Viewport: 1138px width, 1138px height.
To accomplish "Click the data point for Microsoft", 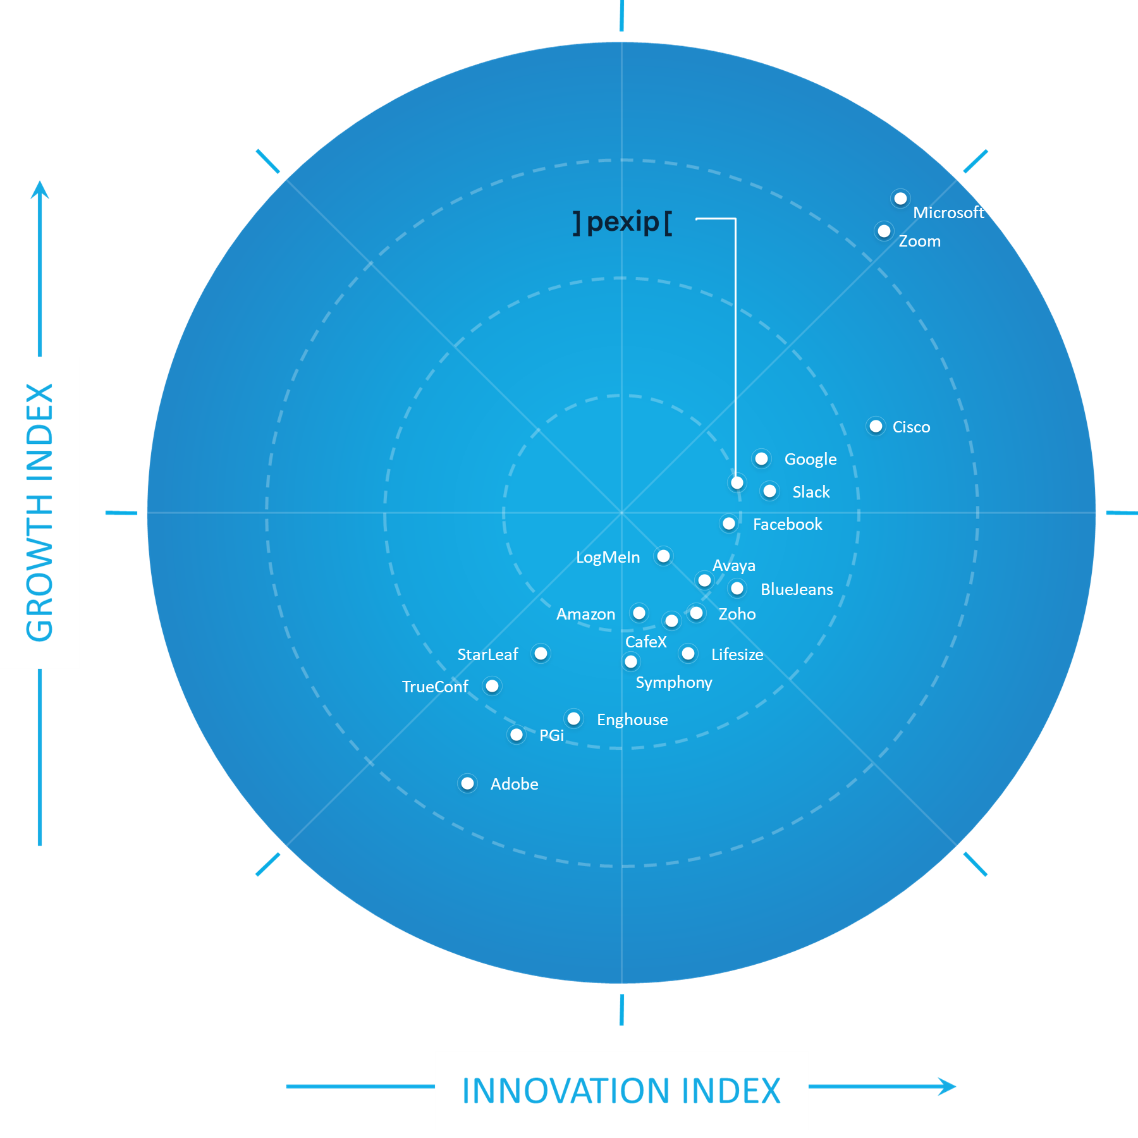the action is pyautogui.click(x=900, y=199).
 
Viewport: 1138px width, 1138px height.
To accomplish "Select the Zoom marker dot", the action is pyautogui.click(x=884, y=231).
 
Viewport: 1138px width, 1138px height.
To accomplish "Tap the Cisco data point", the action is pyautogui.click(x=876, y=427).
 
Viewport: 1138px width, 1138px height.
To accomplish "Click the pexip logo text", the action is pyautogui.click(x=623, y=223).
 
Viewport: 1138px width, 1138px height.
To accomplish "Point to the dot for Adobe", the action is pyautogui.click(x=467, y=784).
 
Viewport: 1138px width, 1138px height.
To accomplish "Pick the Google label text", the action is pyautogui.click(x=811, y=460).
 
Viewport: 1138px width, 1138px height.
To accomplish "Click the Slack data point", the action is pyautogui.click(x=769, y=491).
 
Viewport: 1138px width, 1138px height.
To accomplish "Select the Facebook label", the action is pyautogui.click(x=787, y=524).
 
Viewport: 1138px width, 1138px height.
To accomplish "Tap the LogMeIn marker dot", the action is pyautogui.click(x=663, y=556).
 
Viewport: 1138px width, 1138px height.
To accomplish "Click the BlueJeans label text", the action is pyautogui.click(x=797, y=589).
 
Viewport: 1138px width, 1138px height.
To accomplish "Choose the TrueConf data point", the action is pyautogui.click(x=492, y=686).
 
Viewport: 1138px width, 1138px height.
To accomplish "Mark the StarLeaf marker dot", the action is pyautogui.click(x=541, y=654).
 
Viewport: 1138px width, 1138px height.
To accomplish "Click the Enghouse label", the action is pyautogui.click(x=632, y=720).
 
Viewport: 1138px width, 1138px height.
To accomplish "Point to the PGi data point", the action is pyautogui.click(x=517, y=735).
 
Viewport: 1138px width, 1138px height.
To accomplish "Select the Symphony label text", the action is pyautogui.click(x=674, y=683).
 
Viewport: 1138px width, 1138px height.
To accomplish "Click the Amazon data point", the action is pyautogui.click(x=639, y=613).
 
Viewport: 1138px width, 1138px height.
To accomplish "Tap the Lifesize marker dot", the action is pyautogui.click(x=688, y=654).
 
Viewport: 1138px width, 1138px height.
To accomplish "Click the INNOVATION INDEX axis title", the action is pyautogui.click(x=621, y=1091).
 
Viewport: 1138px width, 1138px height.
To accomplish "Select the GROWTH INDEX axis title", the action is pyautogui.click(x=40, y=513).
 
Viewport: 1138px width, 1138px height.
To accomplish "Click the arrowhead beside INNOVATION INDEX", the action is pyautogui.click(x=948, y=1087).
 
